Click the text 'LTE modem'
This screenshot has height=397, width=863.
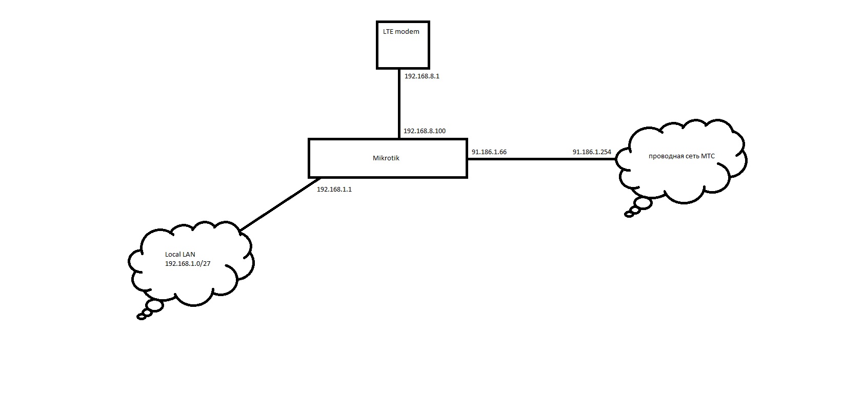pyautogui.click(x=401, y=32)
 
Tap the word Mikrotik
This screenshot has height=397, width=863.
pyautogui.click(x=386, y=158)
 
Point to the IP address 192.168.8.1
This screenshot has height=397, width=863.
pyautogui.click(x=422, y=76)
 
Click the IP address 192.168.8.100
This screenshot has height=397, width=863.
pyautogui.click(x=425, y=131)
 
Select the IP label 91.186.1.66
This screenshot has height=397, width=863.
pyautogui.click(x=489, y=152)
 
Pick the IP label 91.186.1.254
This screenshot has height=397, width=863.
pyautogui.click(x=592, y=152)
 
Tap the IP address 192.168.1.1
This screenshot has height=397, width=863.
pyautogui.click(x=334, y=190)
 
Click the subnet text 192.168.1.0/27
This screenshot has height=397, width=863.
pyautogui.click(x=188, y=264)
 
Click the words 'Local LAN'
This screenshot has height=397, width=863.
pyautogui.click(x=180, y=254)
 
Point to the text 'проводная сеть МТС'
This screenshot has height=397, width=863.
pyautogui.click(x=681, y=156)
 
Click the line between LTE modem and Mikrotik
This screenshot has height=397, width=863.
pyautogui.click(x=399, y=104)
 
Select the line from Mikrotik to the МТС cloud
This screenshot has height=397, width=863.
pyautogui.click(x=542, y=159)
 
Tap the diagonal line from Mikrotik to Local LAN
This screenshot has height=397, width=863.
pyautogui.click(x=280, y=204)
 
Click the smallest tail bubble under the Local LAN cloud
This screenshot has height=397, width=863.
pyautogui.click(x=142, y=317)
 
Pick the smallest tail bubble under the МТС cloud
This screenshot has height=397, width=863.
pyautogui.click(x=629, y=215)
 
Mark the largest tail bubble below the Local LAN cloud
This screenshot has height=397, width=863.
pyautogui.click(x=154, y=306)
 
